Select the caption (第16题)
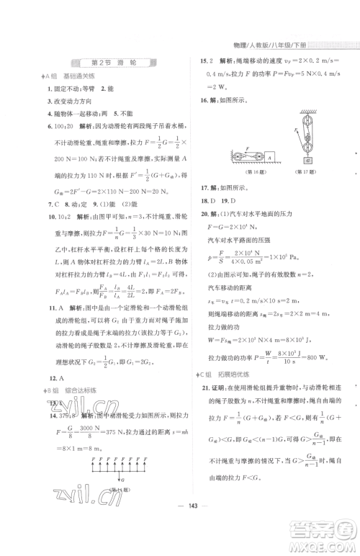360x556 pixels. (247, 171)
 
